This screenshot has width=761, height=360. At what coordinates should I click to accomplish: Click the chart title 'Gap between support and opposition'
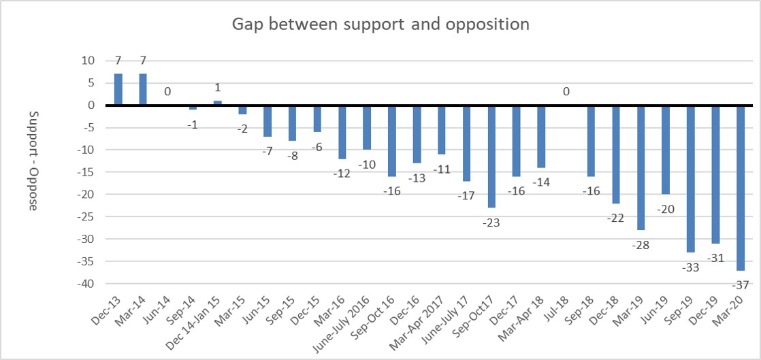[x=380, y=24]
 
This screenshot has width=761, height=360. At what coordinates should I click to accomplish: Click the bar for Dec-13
[x=118, y=90]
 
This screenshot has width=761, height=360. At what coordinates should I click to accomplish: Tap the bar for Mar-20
[x=740, y=188]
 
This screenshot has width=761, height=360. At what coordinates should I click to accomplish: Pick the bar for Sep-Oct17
[x=491, y=157]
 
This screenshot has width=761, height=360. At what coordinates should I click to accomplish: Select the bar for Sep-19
[x=690, y=179]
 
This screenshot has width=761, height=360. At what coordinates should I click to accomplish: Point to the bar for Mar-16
[x=342, y=132]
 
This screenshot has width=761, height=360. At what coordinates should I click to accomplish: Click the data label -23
[x=491, y=222]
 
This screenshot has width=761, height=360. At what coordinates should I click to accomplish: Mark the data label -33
[x=690, y=267]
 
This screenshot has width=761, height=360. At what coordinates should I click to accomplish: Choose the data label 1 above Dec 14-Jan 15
[x=218, y=88]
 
